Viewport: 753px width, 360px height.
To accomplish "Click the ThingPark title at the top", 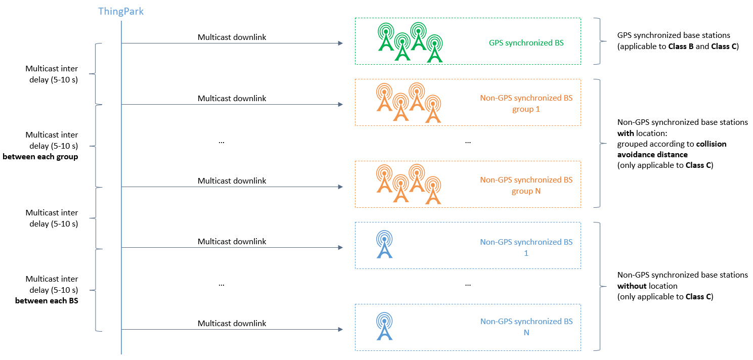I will (121, 11).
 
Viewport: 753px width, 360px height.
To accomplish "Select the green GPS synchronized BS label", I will (526, 43).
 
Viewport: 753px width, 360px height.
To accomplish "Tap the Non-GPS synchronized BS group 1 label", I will (526, 103).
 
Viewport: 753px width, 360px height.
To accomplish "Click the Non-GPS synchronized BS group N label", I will (526, 186).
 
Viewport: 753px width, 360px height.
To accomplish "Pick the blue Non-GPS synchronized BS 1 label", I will (526, 247).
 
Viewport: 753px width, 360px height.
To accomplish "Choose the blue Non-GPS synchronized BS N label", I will (526, 327).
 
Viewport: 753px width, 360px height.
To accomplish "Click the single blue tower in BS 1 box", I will (385, 245).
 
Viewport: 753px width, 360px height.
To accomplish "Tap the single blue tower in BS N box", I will (385, 326).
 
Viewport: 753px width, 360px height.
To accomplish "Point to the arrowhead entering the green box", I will (340, 43).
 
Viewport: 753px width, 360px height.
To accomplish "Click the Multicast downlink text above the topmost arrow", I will (232, 37).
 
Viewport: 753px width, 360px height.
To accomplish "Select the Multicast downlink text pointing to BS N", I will (232, 323).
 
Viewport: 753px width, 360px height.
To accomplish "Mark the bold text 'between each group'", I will (40, 157).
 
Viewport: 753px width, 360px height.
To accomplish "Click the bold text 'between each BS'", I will (47, 301).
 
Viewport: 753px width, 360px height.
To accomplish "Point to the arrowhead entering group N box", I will (340, 187).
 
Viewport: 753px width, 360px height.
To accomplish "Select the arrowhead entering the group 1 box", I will (340, 105).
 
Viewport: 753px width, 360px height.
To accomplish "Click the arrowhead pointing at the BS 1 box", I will (340, 248).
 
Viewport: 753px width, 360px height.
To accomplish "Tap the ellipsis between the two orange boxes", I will (468, 142).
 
